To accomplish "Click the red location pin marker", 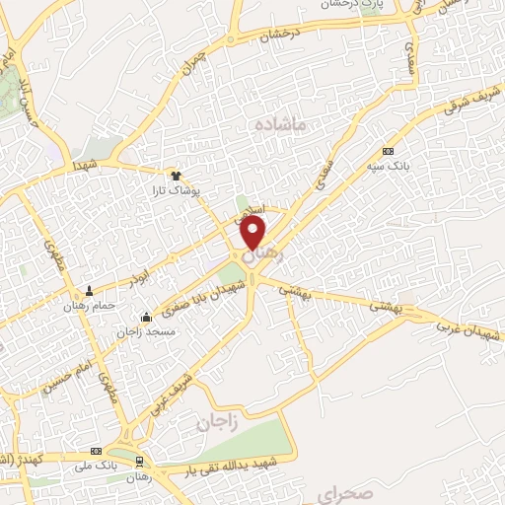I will (253, 233).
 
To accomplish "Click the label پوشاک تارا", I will (180, 187).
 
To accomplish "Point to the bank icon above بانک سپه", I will (388, 151).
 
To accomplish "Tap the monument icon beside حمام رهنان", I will (90, 291).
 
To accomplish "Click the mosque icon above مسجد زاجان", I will (147, 318).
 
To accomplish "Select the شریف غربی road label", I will (168, 387).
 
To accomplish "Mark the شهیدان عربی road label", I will (472, 326).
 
